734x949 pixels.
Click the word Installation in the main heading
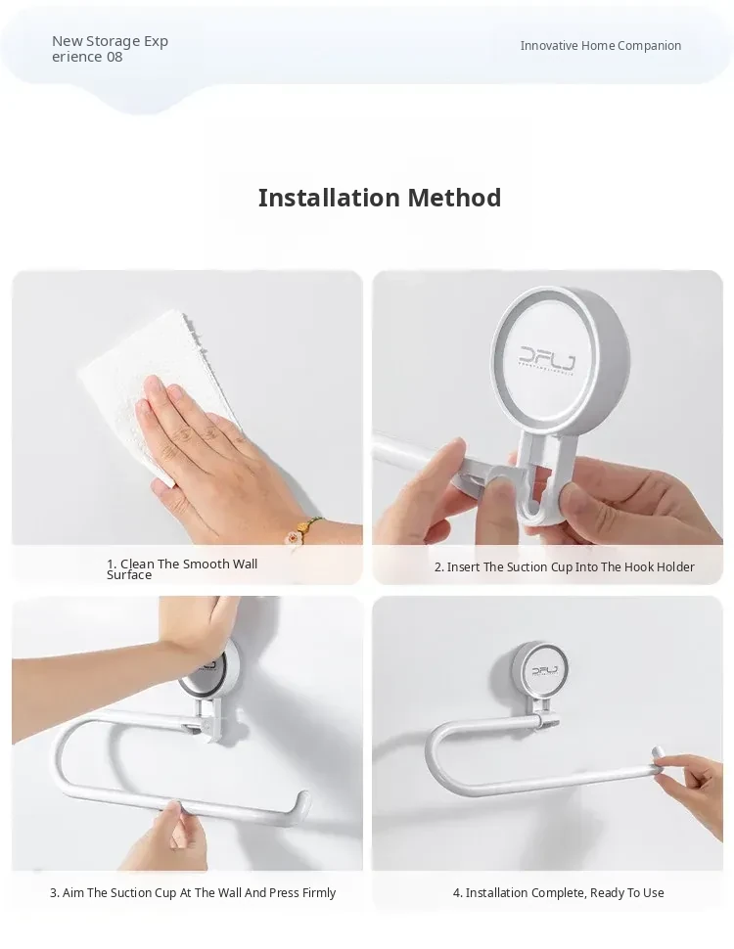pyautogui.click(x=328, y=198)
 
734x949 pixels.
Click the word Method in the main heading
pyautogui.click(x=454, y=198)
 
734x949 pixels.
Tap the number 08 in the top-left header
pyautogui.click(x=115, y=57)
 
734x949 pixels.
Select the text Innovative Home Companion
pyautogui.click(x=600, y=45)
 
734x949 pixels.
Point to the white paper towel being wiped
pyautogui.click(x=161, y=387)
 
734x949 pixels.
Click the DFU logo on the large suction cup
pyautogui.click(x=547, y=357)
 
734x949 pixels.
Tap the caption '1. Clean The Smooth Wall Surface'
pyautogui.click(x=182, y=569)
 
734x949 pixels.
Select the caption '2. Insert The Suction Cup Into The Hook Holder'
pyautogui.click(x=564, y=567)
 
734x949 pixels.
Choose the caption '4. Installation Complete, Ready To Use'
pyautogui.click(x=559, y=892)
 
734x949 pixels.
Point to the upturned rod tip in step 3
pyautogui.click(x=302, y=802)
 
